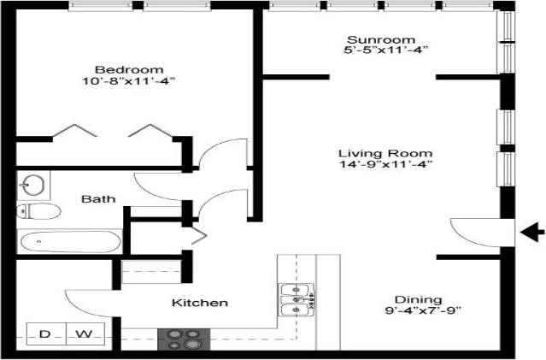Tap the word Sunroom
(380, 39)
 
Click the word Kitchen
(200, 303)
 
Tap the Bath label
(98, 199)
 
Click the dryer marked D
(44, 333)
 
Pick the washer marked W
(84, 333)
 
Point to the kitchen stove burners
(183, 339)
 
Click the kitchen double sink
(296, 296)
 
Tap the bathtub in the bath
(70, 242)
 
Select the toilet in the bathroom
(39, 210)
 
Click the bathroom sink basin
(34, 183)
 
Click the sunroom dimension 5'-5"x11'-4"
(380, 51)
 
